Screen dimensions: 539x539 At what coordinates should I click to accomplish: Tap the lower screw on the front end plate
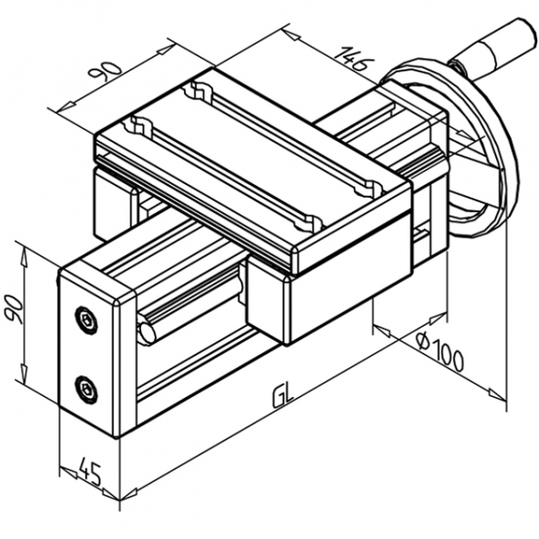(85, 388)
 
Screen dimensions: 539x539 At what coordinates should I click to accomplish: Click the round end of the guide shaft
(146, 331)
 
